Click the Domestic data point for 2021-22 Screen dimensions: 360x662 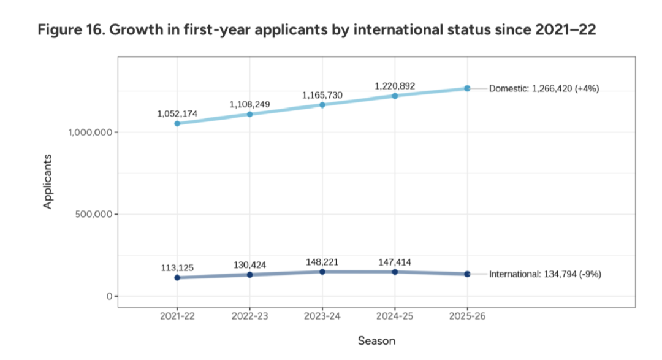point(177,123)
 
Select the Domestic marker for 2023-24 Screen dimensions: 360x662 point(322,105)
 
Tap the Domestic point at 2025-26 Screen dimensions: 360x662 point(467,88)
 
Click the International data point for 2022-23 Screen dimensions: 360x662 point(250,275)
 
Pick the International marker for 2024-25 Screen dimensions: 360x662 point(395,272)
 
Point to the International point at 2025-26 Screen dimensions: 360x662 point(467,274)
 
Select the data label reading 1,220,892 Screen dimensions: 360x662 point(395,86)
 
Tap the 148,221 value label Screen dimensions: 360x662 point(322,262)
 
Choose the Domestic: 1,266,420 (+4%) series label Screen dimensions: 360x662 point(544,89)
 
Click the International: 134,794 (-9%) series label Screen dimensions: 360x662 point(545,274)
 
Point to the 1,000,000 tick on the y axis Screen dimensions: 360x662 point(89,132)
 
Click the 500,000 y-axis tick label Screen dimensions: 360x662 point(94,215)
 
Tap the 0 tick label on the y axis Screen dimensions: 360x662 point(107,297)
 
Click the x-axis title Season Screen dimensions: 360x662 point(376,340)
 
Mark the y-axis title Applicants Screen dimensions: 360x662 point(47,181)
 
